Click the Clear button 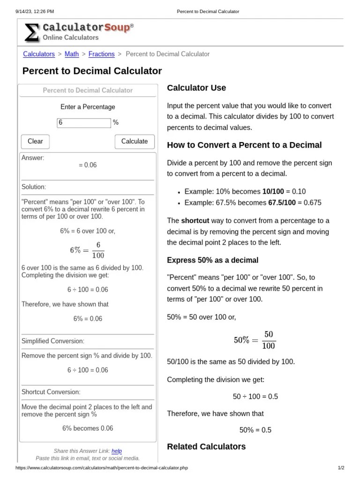[35, 142]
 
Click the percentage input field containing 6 [84, 123]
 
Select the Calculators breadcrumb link [39, 54]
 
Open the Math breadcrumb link [72, 54]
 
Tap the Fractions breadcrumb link [101, 54]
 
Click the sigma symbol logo [32, 33]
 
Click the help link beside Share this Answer [117, 451]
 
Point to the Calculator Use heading [196, 88]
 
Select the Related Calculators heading [206, 446]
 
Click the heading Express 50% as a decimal [212, 260]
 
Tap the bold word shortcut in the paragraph [195, 220]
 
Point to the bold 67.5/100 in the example [282, 202]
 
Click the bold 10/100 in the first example [273, 191]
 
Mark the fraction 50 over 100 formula [255, 340]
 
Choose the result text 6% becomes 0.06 [88, 428]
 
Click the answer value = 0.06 [88, 165]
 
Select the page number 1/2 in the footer [341, 468]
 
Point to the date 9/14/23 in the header [23, 11]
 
